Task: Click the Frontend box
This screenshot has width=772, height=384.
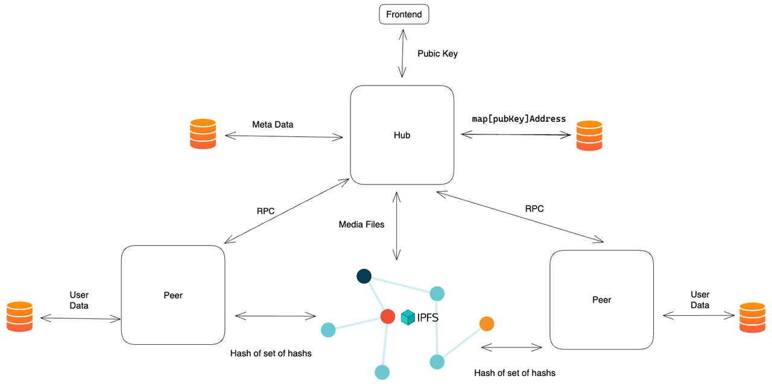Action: (403, 14)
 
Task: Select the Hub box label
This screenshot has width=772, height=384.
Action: (402, 135)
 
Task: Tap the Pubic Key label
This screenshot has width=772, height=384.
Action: (437, 54)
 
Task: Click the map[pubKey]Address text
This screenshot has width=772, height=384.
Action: (519, 119)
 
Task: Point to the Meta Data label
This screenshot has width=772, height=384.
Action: (273, 124)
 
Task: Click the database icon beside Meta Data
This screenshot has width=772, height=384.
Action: (203, 134)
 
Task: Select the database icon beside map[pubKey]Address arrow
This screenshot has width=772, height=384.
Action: (589, 136)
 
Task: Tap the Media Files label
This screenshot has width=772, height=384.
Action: (361, 224)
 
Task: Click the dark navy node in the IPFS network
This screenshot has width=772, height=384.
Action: (364, 276)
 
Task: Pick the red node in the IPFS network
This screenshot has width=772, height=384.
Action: (388, 316)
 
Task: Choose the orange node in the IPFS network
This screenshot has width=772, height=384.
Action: (487, 324)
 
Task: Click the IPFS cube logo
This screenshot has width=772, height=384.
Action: (408, 317)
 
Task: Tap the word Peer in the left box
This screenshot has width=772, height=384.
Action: (172, 295)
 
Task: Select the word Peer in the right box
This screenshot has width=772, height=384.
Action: (601, 300)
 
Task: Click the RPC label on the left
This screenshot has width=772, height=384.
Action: (265, 211)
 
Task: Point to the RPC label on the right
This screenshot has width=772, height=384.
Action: (534, 209)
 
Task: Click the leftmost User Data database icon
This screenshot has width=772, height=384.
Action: (19, 316)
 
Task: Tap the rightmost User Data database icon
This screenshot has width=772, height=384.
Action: (752, 317)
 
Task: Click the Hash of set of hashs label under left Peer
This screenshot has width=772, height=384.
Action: (271, 353)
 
